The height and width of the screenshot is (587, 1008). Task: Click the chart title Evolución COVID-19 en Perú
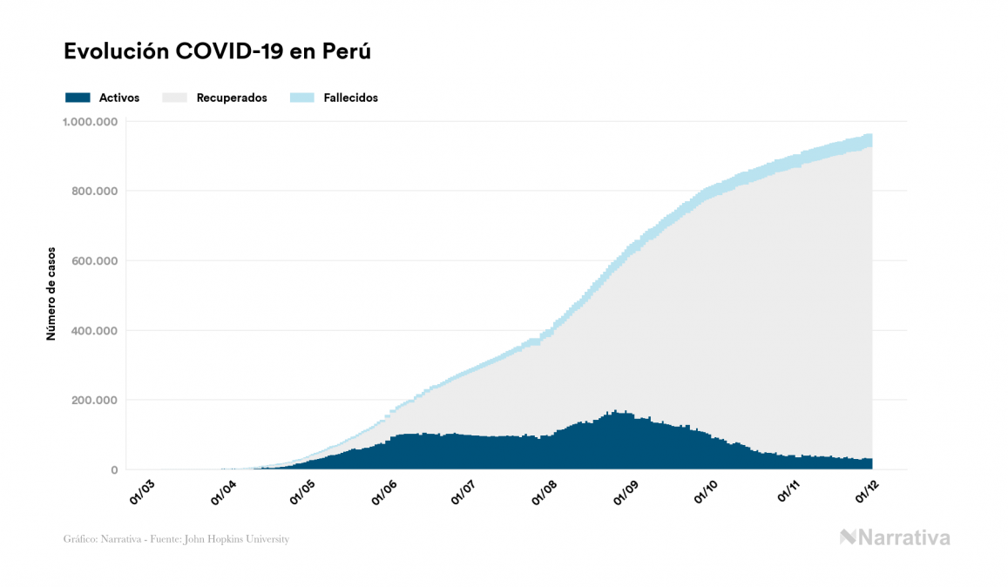coord(218,51)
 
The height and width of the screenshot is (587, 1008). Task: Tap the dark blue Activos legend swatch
coord(78,98)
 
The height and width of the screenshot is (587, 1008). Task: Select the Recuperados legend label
coord(232,98)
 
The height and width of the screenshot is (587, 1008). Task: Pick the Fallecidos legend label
coord(350,98)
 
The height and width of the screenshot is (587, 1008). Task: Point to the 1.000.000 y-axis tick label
coord(90,121)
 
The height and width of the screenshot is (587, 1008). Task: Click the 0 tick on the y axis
coord(114,470)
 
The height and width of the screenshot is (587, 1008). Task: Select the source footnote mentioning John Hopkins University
coord(176,539)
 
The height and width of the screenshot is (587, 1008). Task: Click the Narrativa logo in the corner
coord(895,537)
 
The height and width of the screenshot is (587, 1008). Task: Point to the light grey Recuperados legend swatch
coord(175,98)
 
